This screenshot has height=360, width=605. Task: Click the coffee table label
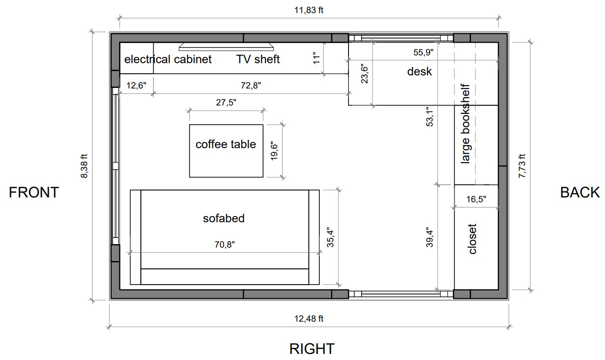(226, 144)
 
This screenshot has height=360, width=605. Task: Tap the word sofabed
(224, 218)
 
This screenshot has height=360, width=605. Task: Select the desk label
(420, 71)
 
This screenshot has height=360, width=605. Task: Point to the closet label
(472, 239)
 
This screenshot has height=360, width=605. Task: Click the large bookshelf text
(465, 124)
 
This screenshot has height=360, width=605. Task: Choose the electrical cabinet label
(168, 59)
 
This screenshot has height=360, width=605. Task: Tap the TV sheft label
(258, 59)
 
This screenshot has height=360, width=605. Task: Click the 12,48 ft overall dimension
(309, 319)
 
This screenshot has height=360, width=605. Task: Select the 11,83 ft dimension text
(309, 10)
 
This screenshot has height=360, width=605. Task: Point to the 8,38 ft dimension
(84, 166)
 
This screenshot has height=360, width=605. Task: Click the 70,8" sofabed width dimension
(225, 245)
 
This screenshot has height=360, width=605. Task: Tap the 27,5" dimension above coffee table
(226, 103)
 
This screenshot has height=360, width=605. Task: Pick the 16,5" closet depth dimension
(476, 199)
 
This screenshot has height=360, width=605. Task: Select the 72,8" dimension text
(250, 85)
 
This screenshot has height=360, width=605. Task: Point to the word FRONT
(34, 193)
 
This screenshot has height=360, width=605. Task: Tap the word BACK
(580, 193)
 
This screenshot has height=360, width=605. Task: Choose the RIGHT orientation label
(312, 349)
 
